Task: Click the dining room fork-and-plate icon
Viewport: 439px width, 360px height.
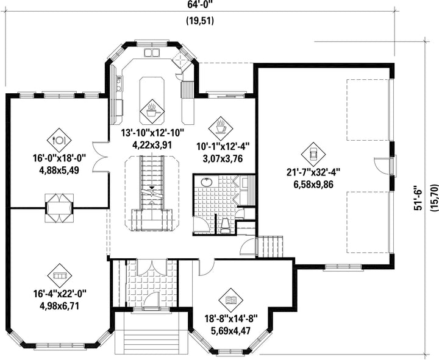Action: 59,140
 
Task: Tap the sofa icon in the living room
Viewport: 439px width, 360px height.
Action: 59,275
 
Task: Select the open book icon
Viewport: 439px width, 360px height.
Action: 231,300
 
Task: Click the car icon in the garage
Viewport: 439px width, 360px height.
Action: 313,154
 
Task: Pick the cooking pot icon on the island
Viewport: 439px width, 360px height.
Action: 152,111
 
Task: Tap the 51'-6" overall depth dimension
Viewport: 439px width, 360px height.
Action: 418,197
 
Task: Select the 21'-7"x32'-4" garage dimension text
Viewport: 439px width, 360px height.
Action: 313,172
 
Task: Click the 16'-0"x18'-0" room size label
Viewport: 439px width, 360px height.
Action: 59,158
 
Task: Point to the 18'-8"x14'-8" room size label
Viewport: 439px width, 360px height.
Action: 230,319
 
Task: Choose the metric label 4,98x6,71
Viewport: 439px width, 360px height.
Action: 59,306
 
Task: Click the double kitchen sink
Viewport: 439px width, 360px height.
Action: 151,52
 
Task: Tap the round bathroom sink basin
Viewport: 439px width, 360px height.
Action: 207,182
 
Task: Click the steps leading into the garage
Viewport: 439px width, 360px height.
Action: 270,247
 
